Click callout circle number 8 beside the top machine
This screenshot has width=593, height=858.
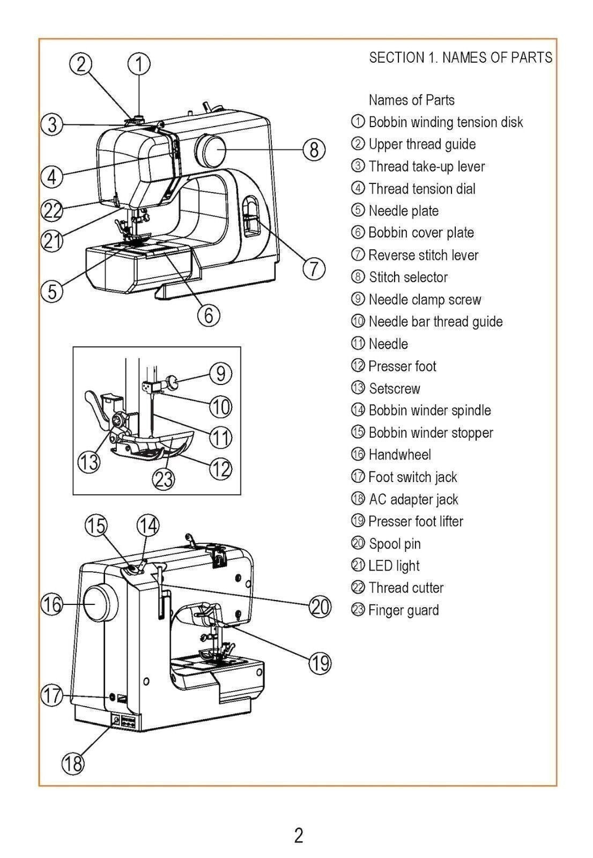point(314,150)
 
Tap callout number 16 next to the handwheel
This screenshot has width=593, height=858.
point(52,605)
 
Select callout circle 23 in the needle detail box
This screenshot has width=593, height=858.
point(164,478)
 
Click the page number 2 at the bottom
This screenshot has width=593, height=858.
point(299,835)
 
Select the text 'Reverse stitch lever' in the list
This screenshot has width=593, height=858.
point(423,255)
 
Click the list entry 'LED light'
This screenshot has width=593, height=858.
point(394,566)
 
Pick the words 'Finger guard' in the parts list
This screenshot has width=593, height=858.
point(403,610)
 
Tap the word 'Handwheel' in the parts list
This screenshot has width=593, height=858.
point(399,455)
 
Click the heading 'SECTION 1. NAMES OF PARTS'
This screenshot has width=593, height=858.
point(460,57)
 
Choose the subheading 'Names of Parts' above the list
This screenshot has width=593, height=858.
point(411,100)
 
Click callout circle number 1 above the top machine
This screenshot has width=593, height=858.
point(138,64)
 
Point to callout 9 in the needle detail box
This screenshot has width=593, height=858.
point(221,373)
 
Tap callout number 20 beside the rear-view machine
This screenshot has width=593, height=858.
point(320,607)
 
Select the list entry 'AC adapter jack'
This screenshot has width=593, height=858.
point(413,499)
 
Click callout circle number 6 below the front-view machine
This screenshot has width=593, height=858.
point(209,315)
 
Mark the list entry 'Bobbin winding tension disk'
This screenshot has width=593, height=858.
point(446,122)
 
